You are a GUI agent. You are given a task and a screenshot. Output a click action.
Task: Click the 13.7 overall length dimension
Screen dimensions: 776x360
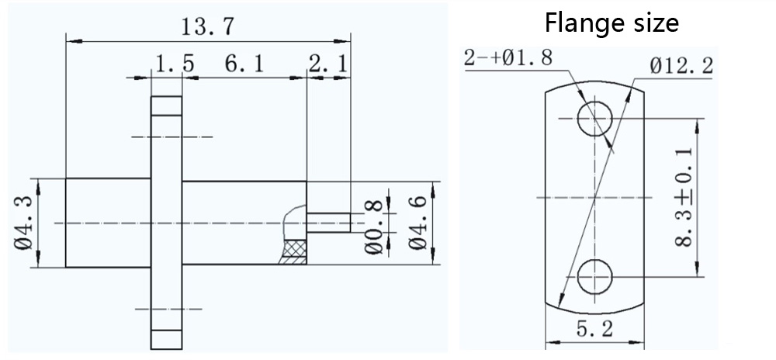(x=206, y=26)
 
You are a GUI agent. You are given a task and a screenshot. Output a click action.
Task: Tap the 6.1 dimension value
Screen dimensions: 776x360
(x=244, y=64)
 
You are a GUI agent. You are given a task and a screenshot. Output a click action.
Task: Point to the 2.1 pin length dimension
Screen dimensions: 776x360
(x=328, y=64)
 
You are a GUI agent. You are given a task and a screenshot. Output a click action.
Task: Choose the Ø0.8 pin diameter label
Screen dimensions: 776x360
(x=374, y=227)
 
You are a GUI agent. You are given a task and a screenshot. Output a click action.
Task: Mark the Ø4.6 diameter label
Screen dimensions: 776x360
(x=417, y=223)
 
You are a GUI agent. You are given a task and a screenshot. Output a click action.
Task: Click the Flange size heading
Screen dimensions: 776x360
(x=611, y=22)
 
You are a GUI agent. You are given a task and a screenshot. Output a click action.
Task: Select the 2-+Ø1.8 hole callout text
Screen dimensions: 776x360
(x=508, y=58)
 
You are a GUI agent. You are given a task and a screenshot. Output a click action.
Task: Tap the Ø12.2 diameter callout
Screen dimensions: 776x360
(x=682, y=65)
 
